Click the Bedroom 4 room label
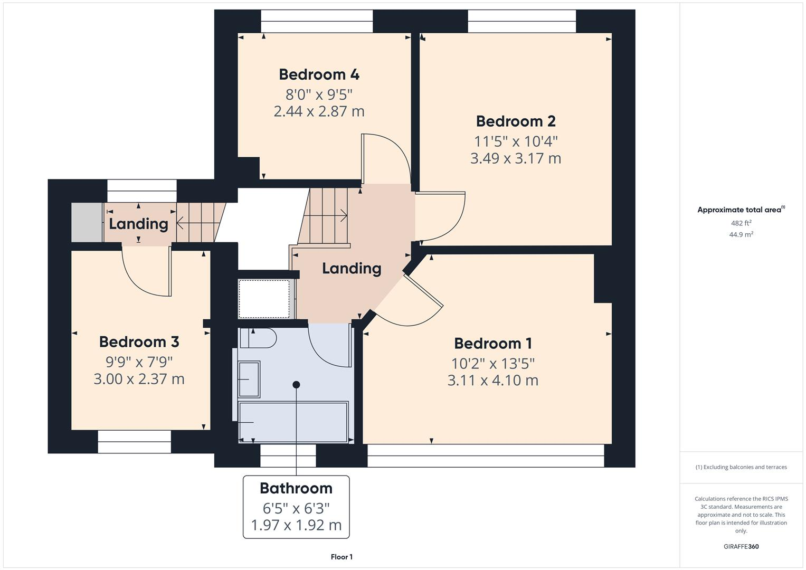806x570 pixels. [319, 74]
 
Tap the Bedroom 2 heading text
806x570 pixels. [515, 121]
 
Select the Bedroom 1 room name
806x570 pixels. [492, 343]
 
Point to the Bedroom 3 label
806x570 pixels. [139, 341]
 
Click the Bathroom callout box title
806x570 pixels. [296, 488]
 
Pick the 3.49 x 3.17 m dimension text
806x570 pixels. [515, 158]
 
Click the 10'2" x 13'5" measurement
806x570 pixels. [492, 364]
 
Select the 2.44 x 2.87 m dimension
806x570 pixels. [319, 111]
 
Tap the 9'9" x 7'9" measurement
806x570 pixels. [139, 362]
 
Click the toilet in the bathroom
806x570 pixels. [257, 338]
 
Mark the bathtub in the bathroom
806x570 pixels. [293, 422]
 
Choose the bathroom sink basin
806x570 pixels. [249, 379]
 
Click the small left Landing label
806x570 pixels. [138, 224]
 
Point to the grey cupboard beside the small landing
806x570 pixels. [87, 222]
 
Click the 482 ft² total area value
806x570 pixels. [741, 223]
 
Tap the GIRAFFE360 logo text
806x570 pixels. [741, 546]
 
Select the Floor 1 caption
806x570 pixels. [342, 557]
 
